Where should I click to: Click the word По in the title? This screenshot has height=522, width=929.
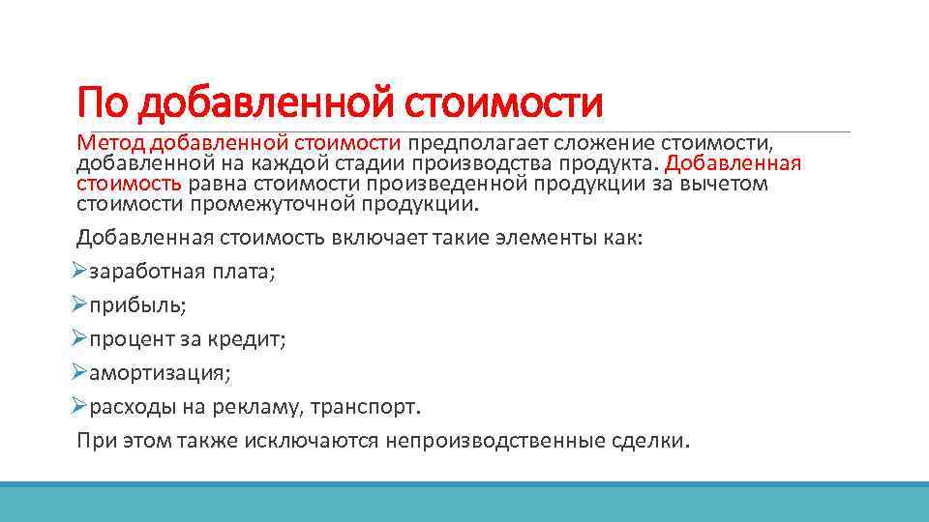coord(104,100)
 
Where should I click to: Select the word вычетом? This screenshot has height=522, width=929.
coord(723,184)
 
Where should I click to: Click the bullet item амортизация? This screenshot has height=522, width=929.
coord(160,372)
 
